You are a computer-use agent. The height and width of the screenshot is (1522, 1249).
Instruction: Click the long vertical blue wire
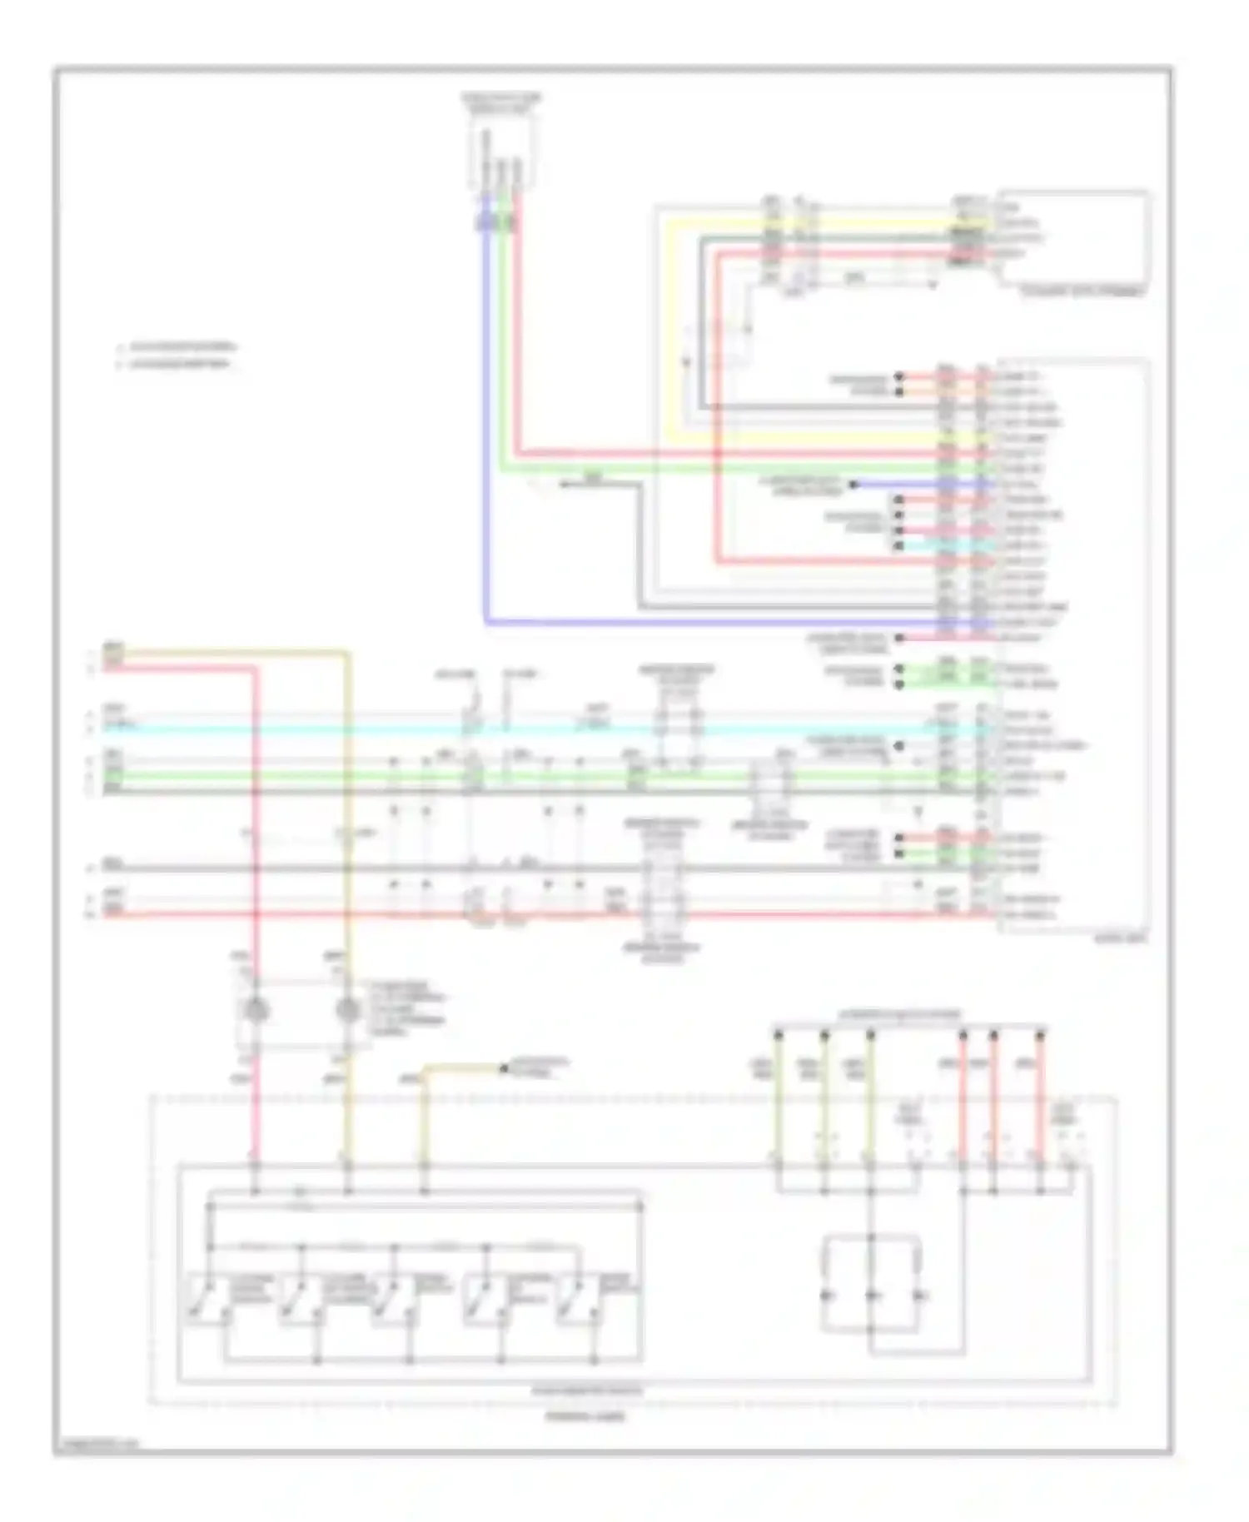(485, 416)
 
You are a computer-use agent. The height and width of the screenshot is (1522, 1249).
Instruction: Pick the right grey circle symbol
(348, 1010)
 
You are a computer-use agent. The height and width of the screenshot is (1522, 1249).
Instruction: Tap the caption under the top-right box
(1083, 292)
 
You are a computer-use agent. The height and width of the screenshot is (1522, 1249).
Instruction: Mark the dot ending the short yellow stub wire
(504, 1068)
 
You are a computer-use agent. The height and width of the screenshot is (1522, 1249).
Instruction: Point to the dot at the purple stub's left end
(853, 484)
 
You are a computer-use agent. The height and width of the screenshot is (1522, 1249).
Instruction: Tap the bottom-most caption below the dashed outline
(585, 1416)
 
